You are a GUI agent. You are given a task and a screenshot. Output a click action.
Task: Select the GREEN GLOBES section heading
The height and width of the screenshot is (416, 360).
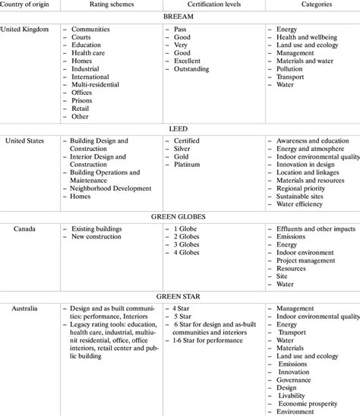click(179, 216)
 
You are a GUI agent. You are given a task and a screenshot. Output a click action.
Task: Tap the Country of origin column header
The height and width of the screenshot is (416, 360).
click(27, 4)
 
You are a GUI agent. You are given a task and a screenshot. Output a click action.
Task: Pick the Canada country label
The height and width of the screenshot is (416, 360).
click(19, 228)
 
